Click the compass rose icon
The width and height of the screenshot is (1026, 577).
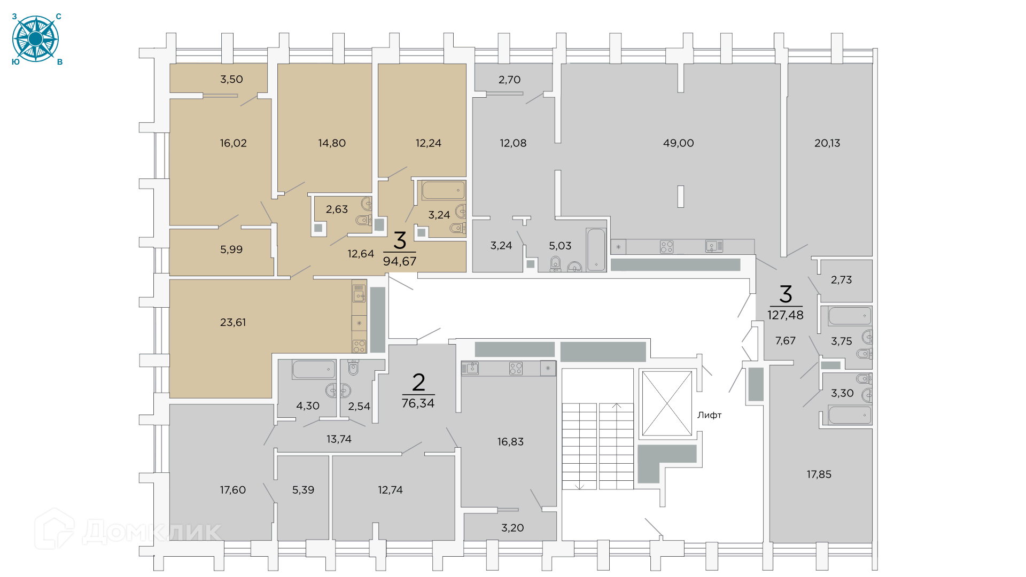pos(35,39)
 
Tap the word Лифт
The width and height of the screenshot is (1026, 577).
pos(709,415)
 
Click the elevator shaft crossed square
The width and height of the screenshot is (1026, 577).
pos(666,403)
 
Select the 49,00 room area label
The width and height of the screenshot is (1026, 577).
pos(678,143)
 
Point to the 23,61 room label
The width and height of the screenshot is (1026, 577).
pos(233,322)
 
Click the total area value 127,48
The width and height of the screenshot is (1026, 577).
pos(785,315)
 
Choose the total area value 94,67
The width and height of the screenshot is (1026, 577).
pos(399,261)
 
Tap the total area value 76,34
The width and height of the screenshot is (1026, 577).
pos(418,403)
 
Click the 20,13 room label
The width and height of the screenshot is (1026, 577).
pos(827,143)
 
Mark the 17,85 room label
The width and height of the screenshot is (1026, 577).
pos(819,474)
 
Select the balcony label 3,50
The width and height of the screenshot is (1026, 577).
pos(231,80)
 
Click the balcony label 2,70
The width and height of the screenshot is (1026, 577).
pos(509,80)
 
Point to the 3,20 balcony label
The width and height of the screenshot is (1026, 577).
pos(512,528)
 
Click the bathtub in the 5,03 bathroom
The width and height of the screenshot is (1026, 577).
pos(596,250)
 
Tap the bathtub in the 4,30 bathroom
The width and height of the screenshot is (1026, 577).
pos(314,369)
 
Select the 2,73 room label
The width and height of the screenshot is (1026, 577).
pos(841,280)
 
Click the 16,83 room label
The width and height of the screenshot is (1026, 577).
pos(510,442)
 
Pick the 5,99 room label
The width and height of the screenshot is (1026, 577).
pos(231,249)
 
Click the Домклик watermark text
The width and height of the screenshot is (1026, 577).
pos(152,532)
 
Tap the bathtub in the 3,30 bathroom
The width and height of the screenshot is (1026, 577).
pos(850,415)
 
